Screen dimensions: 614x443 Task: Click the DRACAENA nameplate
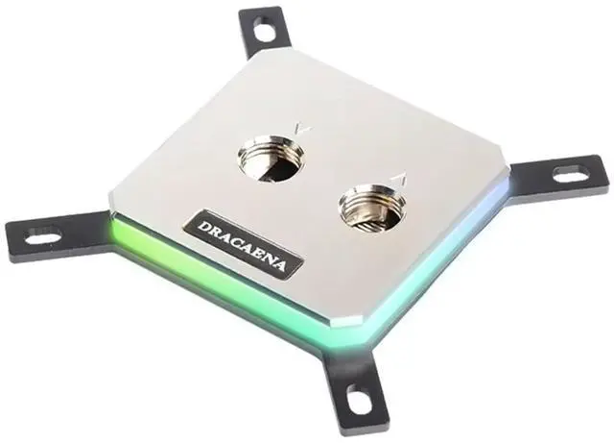244,244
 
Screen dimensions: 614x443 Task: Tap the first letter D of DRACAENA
202,227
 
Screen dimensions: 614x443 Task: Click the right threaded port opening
372,208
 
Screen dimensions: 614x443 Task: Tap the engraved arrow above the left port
302,128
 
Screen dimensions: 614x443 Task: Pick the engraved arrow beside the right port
400,180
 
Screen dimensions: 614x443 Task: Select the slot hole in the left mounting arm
43,237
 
